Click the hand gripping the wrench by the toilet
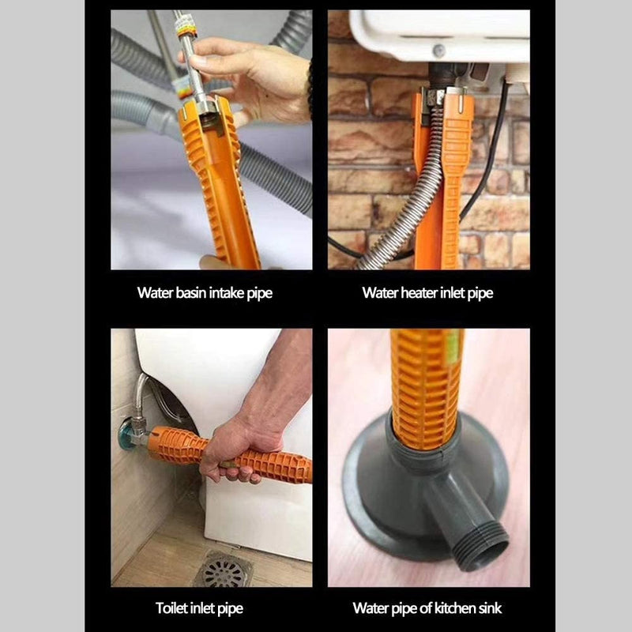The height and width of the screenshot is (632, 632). (237, 450)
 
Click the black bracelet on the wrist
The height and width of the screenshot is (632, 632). (309, 87)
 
